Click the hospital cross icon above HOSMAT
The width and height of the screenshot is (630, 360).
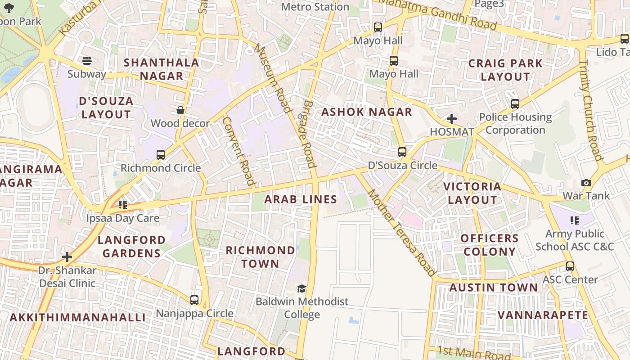point(451,119)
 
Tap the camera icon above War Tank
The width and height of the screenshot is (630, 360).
point(586,183)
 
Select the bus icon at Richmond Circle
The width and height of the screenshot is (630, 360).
point(161,155)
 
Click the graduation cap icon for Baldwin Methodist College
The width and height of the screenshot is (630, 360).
point(301,288)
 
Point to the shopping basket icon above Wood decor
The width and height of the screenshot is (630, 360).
point(180,110)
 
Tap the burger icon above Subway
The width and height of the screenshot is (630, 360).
point(86,61)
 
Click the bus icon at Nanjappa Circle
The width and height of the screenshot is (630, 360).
point(194,300)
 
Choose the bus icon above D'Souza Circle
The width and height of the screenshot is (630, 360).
point(402,152)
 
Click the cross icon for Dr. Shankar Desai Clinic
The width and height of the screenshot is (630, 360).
point(67,257)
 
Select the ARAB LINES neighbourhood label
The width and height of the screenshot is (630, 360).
point(301,199)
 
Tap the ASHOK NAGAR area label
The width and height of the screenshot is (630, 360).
point(367,112)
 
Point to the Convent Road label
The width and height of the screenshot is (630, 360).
point(238,151)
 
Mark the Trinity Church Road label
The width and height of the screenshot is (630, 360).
point(590,110)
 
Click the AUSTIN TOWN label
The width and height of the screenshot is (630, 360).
point(493,288)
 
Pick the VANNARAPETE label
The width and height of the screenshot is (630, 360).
point(543,315)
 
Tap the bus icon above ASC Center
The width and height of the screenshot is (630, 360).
point(570,266)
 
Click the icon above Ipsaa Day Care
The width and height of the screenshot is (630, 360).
point(122,205)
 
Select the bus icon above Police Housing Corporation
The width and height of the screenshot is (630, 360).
point(515,104)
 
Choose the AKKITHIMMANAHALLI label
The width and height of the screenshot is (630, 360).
point(77,317)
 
